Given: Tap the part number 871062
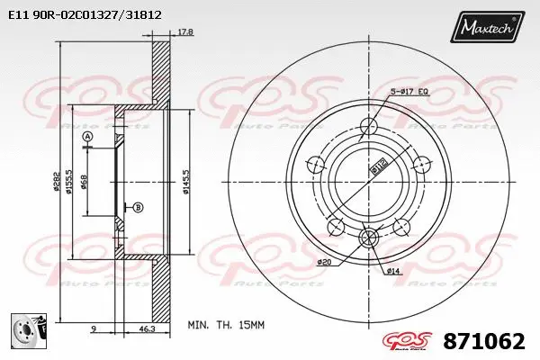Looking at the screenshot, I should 483,341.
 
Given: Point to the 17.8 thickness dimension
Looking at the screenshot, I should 184,32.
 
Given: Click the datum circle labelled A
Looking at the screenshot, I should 87,137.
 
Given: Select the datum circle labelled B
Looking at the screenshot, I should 138,208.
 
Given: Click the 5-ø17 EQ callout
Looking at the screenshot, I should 409,92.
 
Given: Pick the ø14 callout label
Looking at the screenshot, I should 393,270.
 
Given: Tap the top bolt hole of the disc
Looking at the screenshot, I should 368,126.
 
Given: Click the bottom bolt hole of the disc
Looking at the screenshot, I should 368,238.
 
